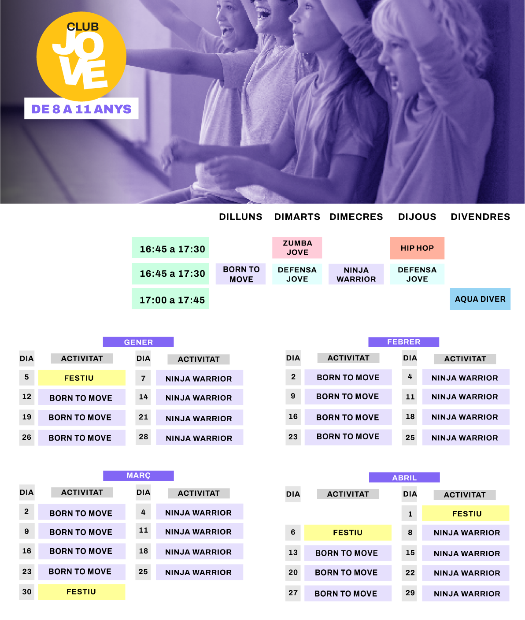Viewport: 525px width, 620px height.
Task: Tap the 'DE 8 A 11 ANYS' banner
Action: pos(81,109)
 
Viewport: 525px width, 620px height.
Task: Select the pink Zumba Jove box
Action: pos(297,248)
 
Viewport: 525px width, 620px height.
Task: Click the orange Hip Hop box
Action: pos(417,248)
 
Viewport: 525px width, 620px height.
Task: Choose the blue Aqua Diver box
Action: pos(480,299)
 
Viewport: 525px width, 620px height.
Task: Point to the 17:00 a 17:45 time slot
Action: pos(170,300)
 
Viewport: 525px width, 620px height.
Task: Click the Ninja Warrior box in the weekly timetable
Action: pos(356,274)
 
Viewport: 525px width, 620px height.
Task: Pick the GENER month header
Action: pos(138,342)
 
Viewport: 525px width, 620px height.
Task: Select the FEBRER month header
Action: pos(403,342)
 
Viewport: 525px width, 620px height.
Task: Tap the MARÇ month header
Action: pos(138,475)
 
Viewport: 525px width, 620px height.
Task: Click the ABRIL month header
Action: pos(404,478)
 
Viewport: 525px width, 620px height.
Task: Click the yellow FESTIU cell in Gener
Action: pos(81,378)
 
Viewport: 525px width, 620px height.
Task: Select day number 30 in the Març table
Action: pos(27,592)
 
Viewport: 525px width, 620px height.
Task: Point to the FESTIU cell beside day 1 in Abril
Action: pos(466,513)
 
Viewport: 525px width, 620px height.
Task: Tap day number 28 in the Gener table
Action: pos(144,437)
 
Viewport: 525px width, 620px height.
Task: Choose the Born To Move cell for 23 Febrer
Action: pos(348,437)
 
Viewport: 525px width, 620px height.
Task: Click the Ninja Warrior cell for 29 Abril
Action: pos(466,594)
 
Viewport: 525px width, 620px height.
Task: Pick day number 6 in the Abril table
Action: pos(293,532)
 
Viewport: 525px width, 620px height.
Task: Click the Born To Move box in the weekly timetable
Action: pos(240,274)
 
